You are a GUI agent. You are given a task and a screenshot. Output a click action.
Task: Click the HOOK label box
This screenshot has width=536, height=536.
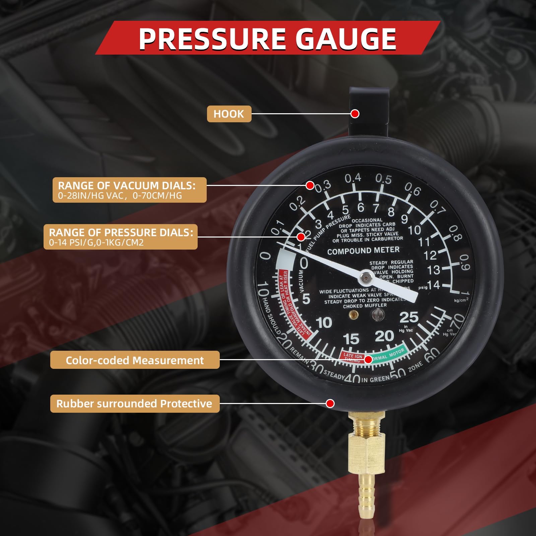[x=229, y=114]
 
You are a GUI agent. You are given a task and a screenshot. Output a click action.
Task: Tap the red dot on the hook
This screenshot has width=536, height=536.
[x=355, y=114]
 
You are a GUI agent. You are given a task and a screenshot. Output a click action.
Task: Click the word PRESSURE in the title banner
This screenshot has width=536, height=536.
[x=212, y=39]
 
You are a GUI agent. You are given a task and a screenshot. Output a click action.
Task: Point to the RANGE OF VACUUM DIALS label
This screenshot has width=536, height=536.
[x=129, y=190]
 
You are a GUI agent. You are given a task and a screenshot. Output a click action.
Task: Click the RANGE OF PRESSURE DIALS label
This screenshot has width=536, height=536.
[x=121, y=237]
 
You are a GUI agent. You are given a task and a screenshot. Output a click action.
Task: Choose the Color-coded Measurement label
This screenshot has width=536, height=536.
[x=135, y=360]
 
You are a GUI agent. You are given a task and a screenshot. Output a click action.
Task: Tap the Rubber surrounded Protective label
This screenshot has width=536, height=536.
[x=135, y=403]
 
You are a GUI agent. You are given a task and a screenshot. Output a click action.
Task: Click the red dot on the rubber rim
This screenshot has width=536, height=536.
[x=330, y=403]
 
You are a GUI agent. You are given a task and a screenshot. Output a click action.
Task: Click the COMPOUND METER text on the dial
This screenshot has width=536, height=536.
[x=363, y=251]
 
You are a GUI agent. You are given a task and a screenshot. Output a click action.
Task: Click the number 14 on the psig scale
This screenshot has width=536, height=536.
[x=433, y=285]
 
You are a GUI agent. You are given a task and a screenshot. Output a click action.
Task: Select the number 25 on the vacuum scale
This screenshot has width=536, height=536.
[x=409, y=317]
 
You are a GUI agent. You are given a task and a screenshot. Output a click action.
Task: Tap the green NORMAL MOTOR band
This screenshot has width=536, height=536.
[x=389, y=354]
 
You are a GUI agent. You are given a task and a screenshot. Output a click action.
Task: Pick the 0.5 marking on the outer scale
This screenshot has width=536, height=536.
[x=383, y=179]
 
